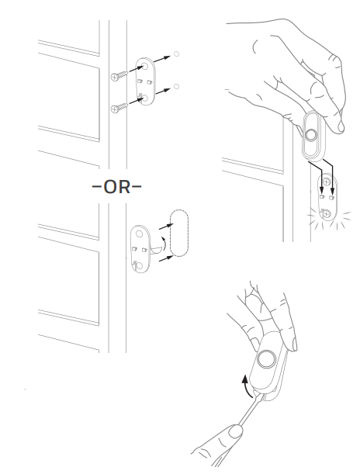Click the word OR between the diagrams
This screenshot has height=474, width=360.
(116, 187)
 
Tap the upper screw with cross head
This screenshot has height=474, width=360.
(119, 75)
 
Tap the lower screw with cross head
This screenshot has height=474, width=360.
(119, 108)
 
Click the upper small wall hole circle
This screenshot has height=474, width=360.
(176, 54)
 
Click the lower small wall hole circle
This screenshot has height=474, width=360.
(176, 87)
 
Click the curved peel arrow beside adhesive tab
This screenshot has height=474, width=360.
(163, 244)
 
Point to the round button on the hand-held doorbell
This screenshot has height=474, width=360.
(310, 134)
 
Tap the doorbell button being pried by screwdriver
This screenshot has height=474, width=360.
(267, 359)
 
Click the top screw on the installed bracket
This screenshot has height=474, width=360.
(326, 182)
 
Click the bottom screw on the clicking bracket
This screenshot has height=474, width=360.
(326, 214)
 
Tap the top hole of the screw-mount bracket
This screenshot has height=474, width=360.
(145, 66)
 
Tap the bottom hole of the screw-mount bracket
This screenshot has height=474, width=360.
(145, 99)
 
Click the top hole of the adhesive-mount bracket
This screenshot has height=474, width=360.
(139, 234)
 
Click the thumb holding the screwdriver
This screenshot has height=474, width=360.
(235, 431)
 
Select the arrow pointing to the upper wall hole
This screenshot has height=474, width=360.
(162, 59)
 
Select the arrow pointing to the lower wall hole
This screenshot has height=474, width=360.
(163, 92)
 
